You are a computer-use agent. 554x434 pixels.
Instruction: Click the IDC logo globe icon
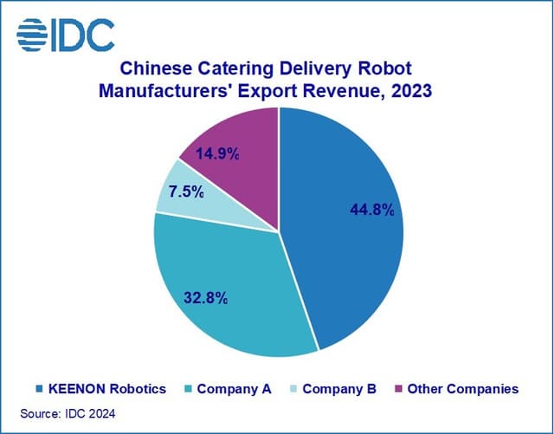coord(33,34)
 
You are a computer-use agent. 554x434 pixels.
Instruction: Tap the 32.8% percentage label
coord(205,298)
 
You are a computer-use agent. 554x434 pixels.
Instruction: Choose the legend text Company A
coord(234,389)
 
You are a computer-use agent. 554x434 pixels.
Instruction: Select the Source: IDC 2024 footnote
coord(64,415)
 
